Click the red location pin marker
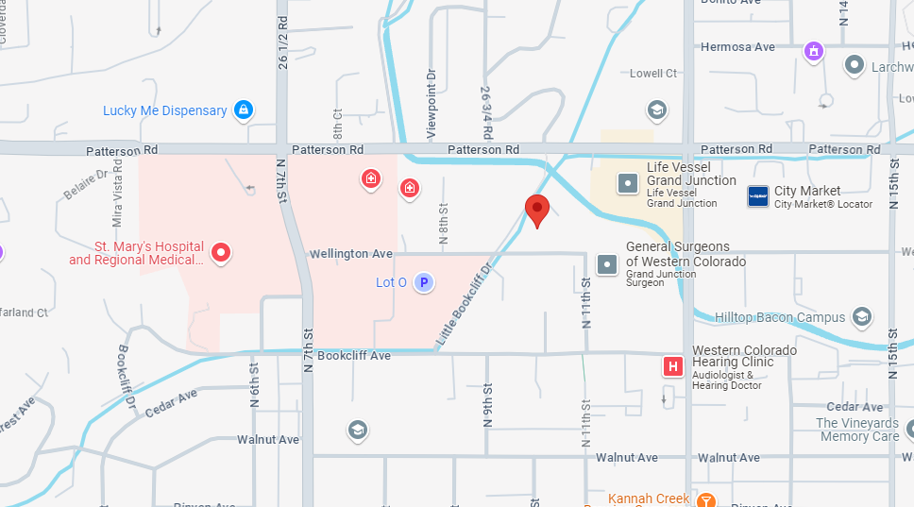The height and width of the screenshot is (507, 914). point(537,210)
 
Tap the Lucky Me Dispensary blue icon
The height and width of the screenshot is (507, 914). point(244,110)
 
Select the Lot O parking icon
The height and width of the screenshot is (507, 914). point(424,282)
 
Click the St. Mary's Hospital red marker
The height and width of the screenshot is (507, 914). point(221,252)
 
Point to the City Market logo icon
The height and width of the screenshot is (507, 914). point(758,196)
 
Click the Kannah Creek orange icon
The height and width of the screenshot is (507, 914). point(705,499)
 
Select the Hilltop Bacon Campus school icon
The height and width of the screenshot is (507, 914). point(860,317)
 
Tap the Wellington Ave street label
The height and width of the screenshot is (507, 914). point(351,254)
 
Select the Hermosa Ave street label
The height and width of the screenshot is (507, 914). point(737,47)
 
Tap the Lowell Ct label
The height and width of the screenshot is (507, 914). point(653,74)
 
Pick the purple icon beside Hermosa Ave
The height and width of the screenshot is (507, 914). point(814,50)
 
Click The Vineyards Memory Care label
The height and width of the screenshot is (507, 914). point(858,430)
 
